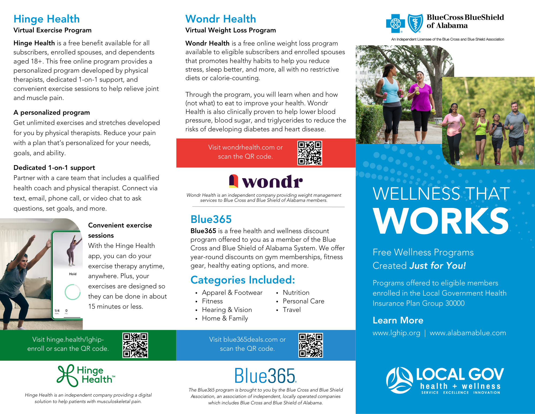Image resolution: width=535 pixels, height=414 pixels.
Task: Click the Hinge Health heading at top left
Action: click(x=47, y=19)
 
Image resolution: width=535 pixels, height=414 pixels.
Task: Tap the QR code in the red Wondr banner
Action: click(x=310, y=153)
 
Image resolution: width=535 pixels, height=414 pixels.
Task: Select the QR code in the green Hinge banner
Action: click(x=135, y=345)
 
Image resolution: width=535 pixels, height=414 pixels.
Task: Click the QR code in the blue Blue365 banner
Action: click(x=310, y=345)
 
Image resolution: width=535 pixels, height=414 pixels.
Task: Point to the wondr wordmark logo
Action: click(x=266, y=181)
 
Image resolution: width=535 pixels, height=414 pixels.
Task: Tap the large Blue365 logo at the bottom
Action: click(x=265, y=376)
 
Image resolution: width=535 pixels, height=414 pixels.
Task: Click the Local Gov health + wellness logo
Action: click(x=445, y=380)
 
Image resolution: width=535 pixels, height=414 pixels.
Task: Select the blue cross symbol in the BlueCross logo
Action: click(x=395, y=24)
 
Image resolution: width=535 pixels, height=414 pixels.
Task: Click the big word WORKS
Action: click(x=441, y=221)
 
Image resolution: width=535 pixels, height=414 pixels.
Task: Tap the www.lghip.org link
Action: click(x=396, y=333)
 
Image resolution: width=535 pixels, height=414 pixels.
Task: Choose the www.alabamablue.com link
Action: click(x=468, y=333)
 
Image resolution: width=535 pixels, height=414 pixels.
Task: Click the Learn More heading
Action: click(x=398, y=320)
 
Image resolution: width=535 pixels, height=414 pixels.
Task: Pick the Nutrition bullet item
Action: click(x=296, y=293)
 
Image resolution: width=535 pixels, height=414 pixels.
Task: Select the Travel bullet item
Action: click(x=291, y=310)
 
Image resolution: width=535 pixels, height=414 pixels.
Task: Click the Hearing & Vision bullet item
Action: click(x=227, y=310)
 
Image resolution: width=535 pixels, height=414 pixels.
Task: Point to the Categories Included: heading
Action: click(x=242, y=280)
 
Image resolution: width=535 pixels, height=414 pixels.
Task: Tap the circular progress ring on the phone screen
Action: click(x=73, y=292)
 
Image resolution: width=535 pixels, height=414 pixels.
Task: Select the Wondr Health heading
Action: click(x=221, y=19)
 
